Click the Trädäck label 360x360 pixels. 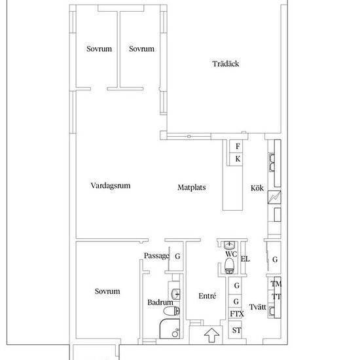pos(225,63)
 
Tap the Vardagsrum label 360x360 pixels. pos(111,185)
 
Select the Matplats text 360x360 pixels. pos(192,187)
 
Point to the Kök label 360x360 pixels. pos(257,188)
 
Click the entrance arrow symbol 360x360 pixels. pos(211,335)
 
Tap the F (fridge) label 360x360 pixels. pos(238,146)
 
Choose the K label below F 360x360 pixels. pos(238,158)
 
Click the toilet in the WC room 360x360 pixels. pos(229,266)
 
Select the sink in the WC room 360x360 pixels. pos(229,245)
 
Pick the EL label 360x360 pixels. pos(245,259)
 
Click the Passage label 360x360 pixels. pos(156,255)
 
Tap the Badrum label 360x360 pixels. pos(160,302)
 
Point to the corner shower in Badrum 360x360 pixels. pos(170,329)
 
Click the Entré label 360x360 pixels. pos(207,296)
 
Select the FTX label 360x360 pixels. pos(237,314)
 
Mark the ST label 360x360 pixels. pos(236,331)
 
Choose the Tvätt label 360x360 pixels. pos(257,307)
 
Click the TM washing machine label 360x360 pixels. pos(276,284)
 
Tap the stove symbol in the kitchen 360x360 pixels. pos(274,197)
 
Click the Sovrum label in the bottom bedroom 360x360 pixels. pos(107,291)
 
